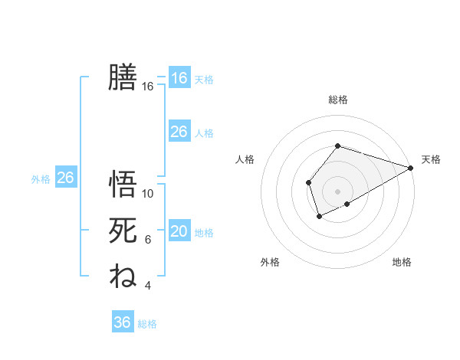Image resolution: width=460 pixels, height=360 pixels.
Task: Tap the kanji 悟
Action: pyautogui.click(x=123, y=185)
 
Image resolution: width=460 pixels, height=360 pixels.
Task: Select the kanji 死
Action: pyautogui.click(x=123, y=230)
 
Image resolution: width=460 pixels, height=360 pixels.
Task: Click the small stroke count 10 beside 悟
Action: pyautogui.click(x=148, y=194)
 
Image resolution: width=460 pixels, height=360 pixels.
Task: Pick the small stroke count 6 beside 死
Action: pyautogui.click(x=148, y=240)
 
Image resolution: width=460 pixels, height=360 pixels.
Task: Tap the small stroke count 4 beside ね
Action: pyautogui.click(x=148, y=286)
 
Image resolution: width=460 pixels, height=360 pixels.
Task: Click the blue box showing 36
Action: pyautogui.click(x=123, y=322)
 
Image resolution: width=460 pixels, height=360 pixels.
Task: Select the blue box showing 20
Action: pyautogui.click(x=179, y=232)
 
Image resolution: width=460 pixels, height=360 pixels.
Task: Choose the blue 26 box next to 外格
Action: pyautogui.click(x=65, y=178)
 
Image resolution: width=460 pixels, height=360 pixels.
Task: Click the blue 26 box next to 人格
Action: pyautogui.click(x=179, y=132)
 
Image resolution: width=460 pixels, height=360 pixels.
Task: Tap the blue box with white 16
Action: pyautogui.click(x=179, y=78)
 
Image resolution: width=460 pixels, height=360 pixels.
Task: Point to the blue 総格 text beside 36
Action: pyautogui.click(x=148, y=324)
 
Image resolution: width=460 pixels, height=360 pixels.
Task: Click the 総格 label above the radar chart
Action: pyautogui.click(x=338, y=100)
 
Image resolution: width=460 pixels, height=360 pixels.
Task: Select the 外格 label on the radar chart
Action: pyautogui.click(x=270, y=263)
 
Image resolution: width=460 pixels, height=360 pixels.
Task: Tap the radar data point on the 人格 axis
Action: pyautogui.click(x=308, y=182)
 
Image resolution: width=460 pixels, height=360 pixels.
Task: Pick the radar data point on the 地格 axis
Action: pyautogui.click(x=347, y=204)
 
